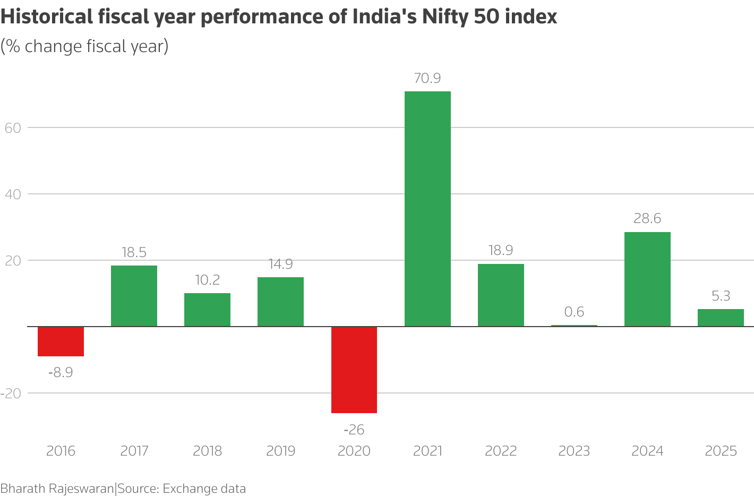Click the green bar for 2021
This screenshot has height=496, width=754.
click(427, 209)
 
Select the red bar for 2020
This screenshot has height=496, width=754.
click(354, 370)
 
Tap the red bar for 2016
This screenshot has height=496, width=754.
click(61, 341)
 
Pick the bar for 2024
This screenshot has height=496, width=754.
click(647, 279)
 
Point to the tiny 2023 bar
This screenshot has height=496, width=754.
click(574, 326)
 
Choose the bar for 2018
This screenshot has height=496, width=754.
click(207, 310)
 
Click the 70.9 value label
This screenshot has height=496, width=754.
click(427, 79)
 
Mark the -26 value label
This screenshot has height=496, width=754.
click(354, 430)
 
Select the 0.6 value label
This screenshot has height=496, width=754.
click(574, 312)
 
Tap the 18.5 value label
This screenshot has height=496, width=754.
click(134, 252)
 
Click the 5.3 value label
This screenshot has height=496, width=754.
click(721, 296)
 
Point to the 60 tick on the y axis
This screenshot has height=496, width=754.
click(14, 128)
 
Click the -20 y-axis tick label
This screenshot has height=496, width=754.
click(11, 394)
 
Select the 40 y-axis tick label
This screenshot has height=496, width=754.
click(14, 194)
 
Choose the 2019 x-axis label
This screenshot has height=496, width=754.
click(280, 451)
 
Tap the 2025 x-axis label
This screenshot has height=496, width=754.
click(721, 451)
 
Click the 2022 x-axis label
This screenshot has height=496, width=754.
click(501, 451)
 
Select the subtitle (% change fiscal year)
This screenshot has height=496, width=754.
click(84, 47)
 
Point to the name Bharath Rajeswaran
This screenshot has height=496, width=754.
click(57, 489)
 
